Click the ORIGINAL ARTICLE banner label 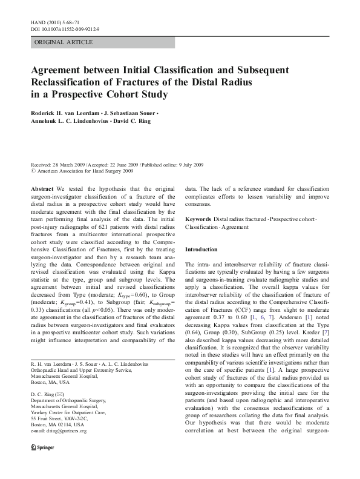coord(64,42)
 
